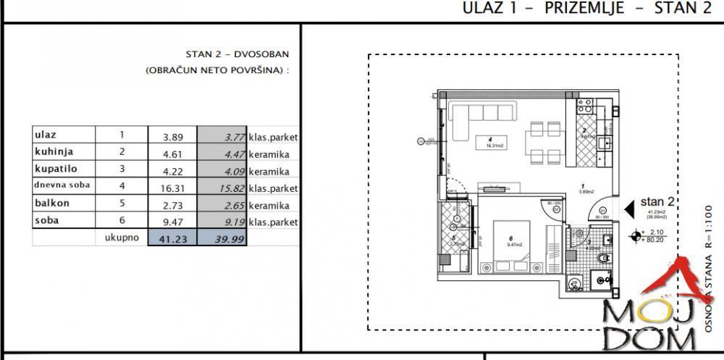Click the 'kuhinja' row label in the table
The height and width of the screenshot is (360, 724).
(54, 151)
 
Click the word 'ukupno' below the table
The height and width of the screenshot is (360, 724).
(121, 237)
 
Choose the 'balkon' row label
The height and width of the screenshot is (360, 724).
(52, 204)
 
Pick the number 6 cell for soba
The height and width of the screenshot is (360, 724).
(122, 221)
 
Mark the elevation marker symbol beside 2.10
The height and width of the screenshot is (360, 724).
(636, 235)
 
